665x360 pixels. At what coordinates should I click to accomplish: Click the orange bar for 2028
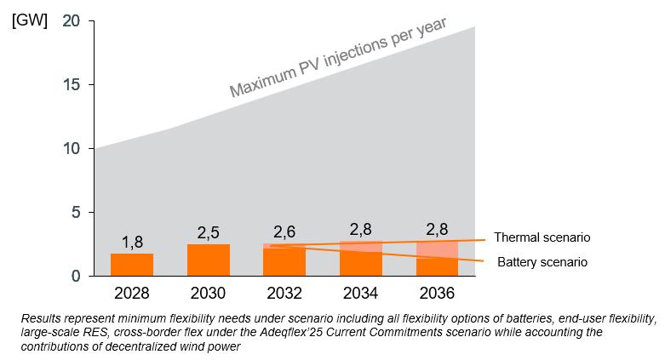click(132, 265)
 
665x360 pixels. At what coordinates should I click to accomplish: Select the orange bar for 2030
click(209, 260)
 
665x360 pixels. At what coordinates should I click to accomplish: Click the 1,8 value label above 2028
click(132, 241)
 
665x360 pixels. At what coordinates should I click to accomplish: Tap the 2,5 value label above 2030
click(209, 231)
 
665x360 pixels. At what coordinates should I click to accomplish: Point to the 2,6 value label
click(284, 231)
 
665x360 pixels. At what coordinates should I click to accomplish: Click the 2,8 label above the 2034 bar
click(361, 228)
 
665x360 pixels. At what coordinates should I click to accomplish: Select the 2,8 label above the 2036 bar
click(437, 228)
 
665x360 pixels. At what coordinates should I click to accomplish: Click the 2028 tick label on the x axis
click(132, 293)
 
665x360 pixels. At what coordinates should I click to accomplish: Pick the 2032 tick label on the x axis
click(284, 293)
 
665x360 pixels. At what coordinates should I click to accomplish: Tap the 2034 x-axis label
click(361, 293)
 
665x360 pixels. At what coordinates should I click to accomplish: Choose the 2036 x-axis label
click(437, 293)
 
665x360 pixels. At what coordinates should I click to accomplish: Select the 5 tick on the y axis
click(77, 212)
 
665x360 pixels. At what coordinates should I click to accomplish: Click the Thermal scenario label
click(542, 237)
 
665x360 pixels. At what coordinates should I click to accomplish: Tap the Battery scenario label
click(542, 262)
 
